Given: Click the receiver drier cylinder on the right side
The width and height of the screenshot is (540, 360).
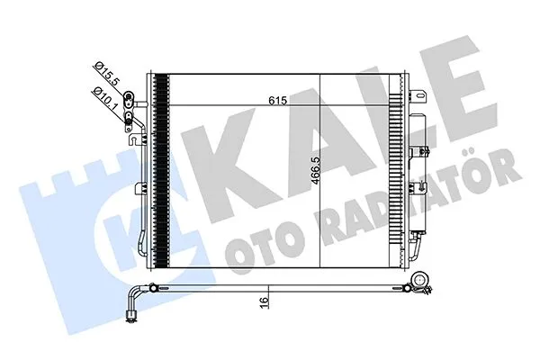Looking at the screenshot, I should click(x=418, y=171).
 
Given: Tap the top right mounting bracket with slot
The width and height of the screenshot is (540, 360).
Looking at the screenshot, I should click(x=416, y=90).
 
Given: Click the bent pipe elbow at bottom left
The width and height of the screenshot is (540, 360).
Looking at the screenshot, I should click(x=136, y=296).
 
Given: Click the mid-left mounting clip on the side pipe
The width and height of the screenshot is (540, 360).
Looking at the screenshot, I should click(x=139, y=188).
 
